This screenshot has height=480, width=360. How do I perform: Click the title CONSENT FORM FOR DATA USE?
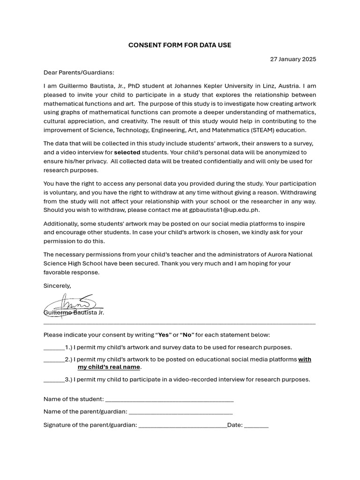(x=180, y=45)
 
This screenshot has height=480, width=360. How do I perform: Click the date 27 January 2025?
(x=293, y=59)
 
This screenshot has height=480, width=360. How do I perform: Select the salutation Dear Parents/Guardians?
(x=79, y=73)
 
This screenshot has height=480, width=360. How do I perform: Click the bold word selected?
(x=127, y=152)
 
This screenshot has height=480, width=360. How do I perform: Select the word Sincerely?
(x=57, y=285)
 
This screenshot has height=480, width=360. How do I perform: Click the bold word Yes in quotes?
(x=164, y=335)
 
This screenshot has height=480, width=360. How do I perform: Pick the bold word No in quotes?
(x=187, y=335)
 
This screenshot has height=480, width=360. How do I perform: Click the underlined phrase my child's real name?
(x=109, y=367)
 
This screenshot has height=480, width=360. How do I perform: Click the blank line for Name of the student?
(x=169, y=400)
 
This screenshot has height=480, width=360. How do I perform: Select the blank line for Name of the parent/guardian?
(x=180, y=413)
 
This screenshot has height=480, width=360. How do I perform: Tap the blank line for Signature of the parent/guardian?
(x=182, y=426)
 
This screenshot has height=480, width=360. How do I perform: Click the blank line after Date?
(x=256, y=426)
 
